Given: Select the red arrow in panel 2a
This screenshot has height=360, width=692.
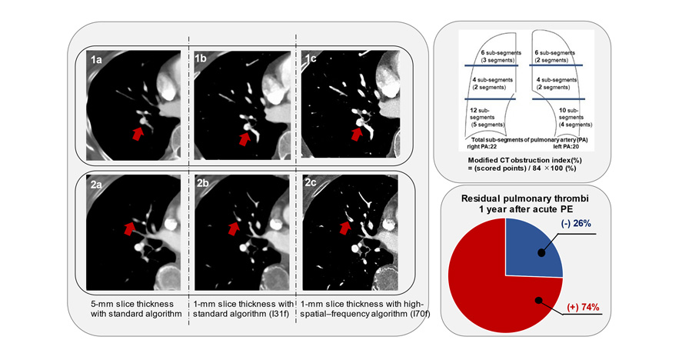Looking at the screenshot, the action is coord(129,228).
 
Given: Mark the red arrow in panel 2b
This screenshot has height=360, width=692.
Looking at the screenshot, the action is coord(235,228).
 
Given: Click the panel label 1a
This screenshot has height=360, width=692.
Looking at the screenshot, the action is coord(96,59).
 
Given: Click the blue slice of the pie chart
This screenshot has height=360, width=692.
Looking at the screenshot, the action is coord(533,248).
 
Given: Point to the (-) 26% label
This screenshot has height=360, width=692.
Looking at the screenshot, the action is coord(576,224).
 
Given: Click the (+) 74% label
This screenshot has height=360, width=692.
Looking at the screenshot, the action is coord(583,308).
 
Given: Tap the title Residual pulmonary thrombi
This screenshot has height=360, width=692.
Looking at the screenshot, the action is coord(525,198).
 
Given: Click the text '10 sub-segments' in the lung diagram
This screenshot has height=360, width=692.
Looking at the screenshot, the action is coord(571,114).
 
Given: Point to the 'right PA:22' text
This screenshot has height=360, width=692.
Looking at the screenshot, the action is coord(482,146).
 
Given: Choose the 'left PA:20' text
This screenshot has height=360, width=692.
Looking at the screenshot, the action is coord(567,146).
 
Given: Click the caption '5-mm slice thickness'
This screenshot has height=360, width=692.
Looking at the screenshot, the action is coord(132,304).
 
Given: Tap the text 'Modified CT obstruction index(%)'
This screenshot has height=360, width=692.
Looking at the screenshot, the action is coord(525,160).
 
